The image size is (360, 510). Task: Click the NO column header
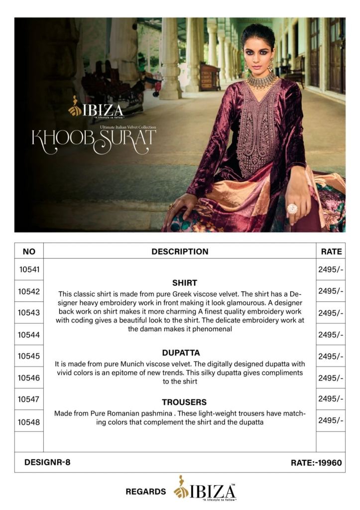pyautogui.click(x=29, y=252)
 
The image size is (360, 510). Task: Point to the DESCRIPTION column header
pyautogui.click(x=180, y=252)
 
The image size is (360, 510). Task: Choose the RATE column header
pyautogui.click(x=331, y=252)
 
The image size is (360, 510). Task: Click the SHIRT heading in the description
pyautogui.click(x=184, y=282)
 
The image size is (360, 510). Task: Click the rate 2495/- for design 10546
pyautogui.click(x=331, y=378)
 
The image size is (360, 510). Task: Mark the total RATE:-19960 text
pyautogui.click(x=316, y=463)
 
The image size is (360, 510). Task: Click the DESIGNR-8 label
pyautogui.click(x=47, y=462)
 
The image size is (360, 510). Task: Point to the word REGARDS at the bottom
pyautogui.click(x=146, y=492)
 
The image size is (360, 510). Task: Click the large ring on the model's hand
pyautogui.click(x=292, y=208)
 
